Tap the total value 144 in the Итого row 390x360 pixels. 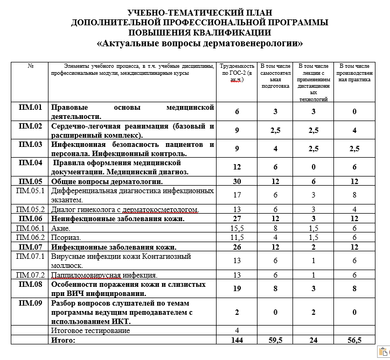236,340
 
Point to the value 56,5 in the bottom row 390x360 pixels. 354,340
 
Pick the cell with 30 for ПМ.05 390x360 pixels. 236,181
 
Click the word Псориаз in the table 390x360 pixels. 66,238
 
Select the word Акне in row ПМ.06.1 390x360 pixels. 60,228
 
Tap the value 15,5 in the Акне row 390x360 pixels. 236,228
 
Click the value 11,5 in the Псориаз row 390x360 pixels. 236,238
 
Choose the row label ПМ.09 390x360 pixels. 30,303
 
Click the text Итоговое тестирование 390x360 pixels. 90,330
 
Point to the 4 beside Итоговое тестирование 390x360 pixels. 236,330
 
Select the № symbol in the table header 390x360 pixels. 30,66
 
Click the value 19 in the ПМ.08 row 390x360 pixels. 236,288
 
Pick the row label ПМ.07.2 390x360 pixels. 30,276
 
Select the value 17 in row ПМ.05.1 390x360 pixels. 236,194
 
